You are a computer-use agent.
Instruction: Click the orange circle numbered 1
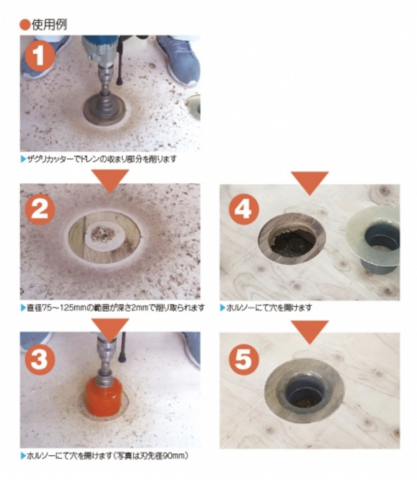point(38,56)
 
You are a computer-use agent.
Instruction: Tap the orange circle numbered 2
point(39,210)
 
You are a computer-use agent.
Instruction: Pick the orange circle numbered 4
point(244,210)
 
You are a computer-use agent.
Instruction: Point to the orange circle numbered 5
point(244,359)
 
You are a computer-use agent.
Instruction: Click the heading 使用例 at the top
point(49,25)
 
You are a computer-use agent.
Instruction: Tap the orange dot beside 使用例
point(25,25)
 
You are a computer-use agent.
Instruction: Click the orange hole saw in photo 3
point(103,395)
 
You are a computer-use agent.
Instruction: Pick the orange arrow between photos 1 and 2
point(110,181)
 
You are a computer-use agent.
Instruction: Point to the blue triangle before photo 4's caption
point(223,307)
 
